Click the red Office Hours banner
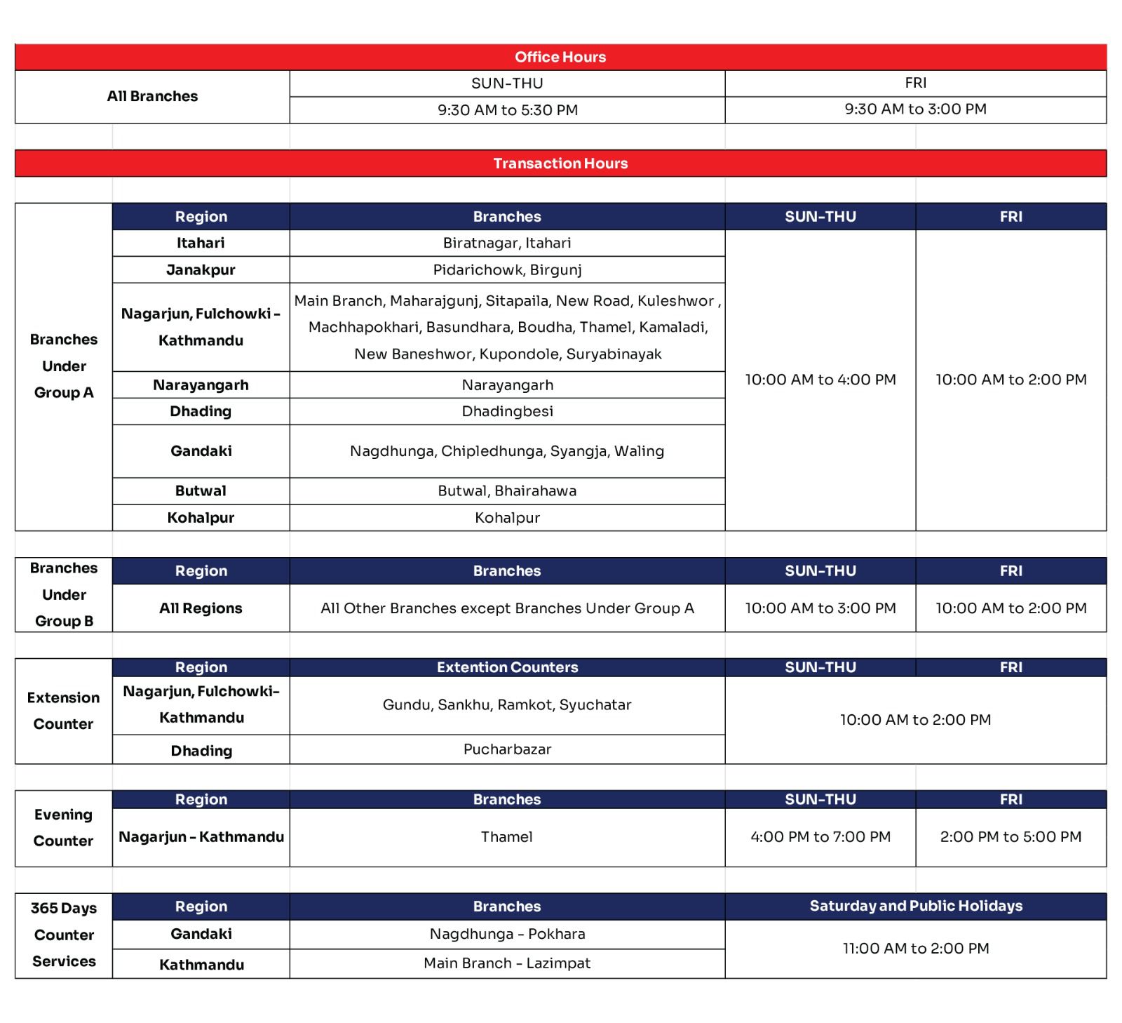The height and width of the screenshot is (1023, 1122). tap(560, 57)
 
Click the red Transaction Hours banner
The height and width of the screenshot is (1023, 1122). tap(560, 163)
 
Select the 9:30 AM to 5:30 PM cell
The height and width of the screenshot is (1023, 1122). tap(507, 110)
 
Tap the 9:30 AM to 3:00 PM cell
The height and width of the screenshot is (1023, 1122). tap(915, 109)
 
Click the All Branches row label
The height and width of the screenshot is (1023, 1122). tap(152, 96)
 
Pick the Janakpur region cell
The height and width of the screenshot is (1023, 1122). tap(201, 270)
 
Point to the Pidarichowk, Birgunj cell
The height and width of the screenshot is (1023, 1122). tap(507, 270)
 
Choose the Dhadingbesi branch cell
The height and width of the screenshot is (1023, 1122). tap(507, 411)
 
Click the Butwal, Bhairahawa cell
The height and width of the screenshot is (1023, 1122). tap(507, 491)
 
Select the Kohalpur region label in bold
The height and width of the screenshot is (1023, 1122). tap(201, 518)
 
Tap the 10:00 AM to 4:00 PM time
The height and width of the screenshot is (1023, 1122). tap(820, 380)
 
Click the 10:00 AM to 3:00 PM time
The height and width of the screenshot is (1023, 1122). tap(820, 608)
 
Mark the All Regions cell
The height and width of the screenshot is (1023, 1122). tap(201, 608)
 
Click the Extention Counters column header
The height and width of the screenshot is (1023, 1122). tap(507, 667)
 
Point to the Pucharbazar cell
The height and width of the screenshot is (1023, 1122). tap(507, 749)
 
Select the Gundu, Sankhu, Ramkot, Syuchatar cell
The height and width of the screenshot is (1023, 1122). tap(507, 705)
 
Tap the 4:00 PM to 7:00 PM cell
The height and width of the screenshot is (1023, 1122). tap(820, 837)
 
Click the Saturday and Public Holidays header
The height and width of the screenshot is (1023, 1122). tap(916, 906)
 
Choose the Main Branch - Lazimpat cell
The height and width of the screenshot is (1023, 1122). tap(507, 963)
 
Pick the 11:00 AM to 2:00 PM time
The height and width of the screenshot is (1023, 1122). tap(916, 949)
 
